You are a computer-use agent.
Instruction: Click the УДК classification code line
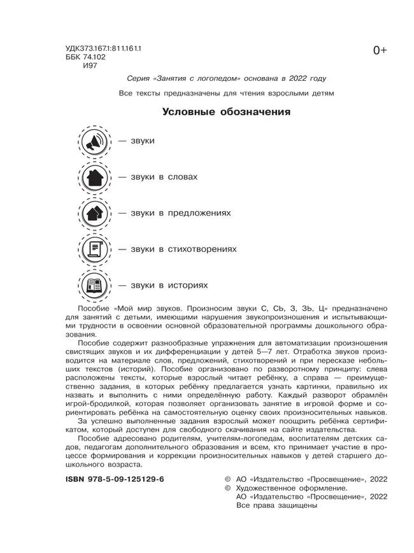coord(103,48)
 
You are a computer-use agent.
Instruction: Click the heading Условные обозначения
coord(226,113)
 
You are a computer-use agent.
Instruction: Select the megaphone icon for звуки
coord(94,141)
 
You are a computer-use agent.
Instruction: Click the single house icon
coord(94,178)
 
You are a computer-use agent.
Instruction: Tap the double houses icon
coord(94,213)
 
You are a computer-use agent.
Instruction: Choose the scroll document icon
coord(94,249)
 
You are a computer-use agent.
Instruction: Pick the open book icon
coord(94,285)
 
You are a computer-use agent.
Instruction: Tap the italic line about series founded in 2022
coord(227,78)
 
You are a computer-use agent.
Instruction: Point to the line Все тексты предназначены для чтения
coord(226,94)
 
